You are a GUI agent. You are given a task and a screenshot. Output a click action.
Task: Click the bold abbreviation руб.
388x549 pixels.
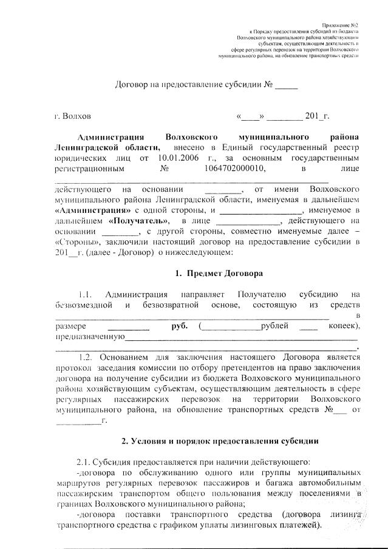180,326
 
